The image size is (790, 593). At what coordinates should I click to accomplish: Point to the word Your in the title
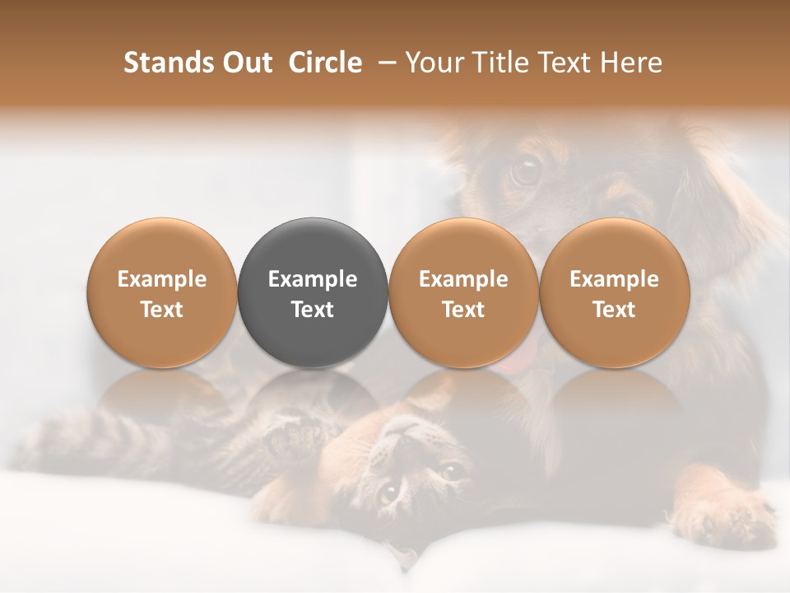pyautogui.click(x=434, y=63)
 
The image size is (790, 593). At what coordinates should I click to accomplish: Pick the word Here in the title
pyautogui.click(x=633, y=63)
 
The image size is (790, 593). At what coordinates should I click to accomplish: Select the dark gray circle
pyautogui.click(x=313, y=292)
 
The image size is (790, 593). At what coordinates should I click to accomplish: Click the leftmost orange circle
pyautogui.click(x=162, y=292)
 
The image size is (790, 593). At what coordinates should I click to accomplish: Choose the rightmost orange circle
pyautogui.click(x=615, y=292)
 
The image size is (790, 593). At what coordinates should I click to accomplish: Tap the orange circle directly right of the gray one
pyautogui.click(x=463, y=292)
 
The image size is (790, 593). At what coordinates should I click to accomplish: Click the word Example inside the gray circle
pyautogui.click(x=313, y=279)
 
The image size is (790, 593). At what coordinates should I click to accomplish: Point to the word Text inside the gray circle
pyautogui.click(x=313, y=310)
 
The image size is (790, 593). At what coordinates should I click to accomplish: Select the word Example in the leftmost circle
pyautogui.click(x=162, y=279)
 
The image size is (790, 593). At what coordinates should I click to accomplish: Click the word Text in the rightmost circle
pyautogui.click(x=615, y=310)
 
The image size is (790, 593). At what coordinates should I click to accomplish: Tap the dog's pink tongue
pyautogui.click(x=517, y=362)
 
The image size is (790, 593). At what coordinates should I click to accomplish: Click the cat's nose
pyautogui.click(x=404, y=428)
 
